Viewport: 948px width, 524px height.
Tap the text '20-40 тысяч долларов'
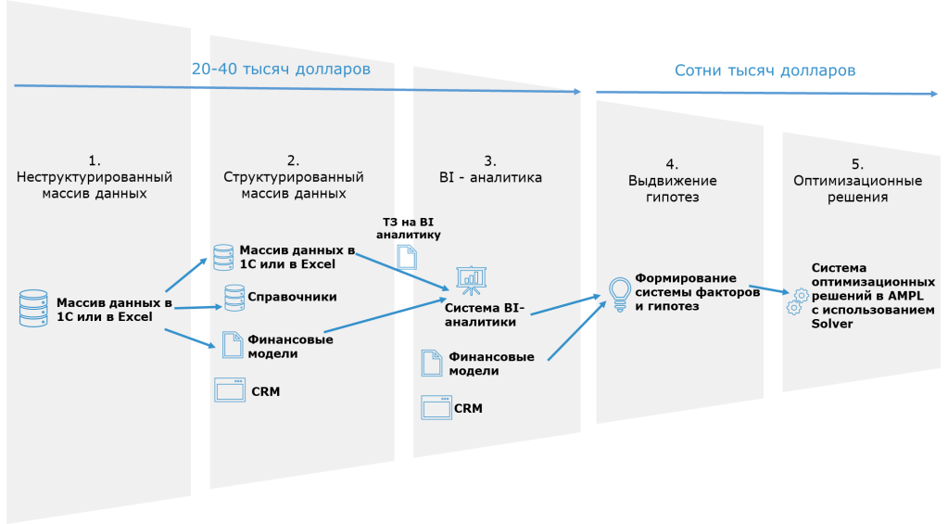pos(281,70)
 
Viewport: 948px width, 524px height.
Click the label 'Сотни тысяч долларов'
pos(765,70)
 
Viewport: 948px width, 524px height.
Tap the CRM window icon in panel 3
pos(436,406)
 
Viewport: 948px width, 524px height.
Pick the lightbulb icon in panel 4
pos(619,292)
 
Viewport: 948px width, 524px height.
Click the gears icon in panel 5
pos(796,301)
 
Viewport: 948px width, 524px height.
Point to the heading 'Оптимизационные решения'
pos(857,188)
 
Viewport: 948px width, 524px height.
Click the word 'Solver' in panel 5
pos(831,324)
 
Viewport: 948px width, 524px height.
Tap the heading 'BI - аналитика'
pos(490,175)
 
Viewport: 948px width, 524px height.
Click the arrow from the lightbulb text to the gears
pos(766,290)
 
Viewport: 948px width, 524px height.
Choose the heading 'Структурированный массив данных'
pos(294,185)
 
